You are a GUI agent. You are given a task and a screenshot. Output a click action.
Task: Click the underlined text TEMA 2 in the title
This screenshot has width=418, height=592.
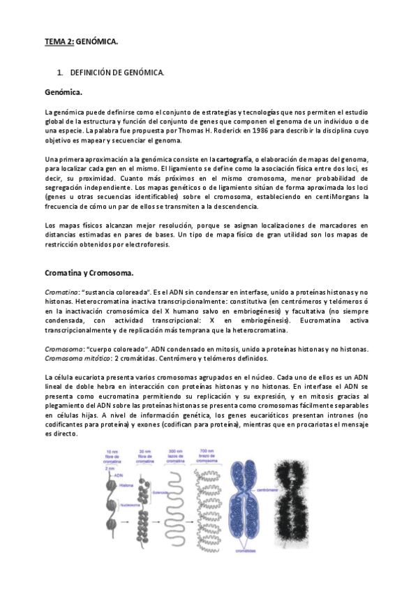[x=59, y=42]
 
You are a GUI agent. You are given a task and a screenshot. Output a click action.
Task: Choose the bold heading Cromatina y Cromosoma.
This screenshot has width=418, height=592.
[x=88, y=272]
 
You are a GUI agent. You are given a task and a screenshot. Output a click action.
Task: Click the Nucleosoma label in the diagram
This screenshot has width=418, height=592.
[x=127, y=503]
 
